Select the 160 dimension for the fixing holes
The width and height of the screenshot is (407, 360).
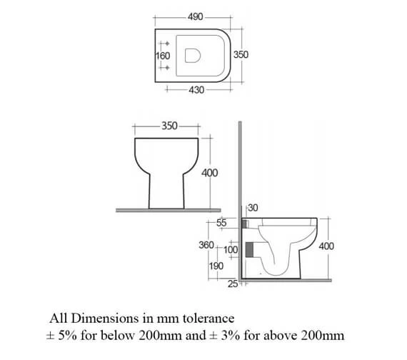(x=162, y=54)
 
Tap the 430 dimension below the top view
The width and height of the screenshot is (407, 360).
(x=196, y=90)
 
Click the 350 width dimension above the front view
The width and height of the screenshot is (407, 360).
(x=169, y=126)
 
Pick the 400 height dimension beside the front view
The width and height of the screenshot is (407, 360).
(x=210, y=173)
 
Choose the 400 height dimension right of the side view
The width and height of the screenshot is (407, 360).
(x=326, y=246)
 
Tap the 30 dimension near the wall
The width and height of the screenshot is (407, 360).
(x=252, y=208)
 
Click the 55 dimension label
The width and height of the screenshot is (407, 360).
(x=221, y=224)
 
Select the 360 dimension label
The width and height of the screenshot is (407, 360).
(x=206, y=245)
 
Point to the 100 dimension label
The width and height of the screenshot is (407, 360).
(x=230, y=250)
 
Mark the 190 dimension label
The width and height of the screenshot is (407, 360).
(x=216, y=266)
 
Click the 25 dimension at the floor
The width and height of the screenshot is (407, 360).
(x=233, y=285)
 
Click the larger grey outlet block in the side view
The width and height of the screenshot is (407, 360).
(x=249, y=249)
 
